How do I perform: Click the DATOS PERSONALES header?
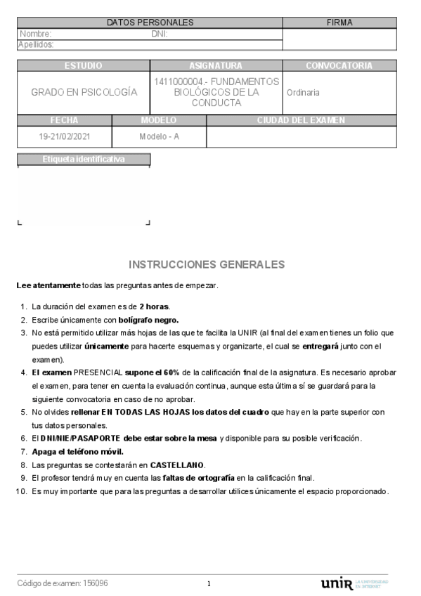(150, 22)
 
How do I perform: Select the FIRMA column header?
(339, 22)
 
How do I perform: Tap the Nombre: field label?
(35, 34)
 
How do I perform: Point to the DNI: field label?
(159, 34)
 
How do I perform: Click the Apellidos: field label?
(36, 44)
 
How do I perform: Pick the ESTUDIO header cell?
(83, 65)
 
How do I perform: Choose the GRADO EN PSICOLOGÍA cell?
(84, 92)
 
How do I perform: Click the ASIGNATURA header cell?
(216, 65)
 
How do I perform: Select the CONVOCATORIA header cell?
(339, 65)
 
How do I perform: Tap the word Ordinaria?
(303, 92)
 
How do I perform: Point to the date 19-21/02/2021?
(64, 136)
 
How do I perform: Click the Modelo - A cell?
(159, 136)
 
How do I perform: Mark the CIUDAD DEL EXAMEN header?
(301, 120)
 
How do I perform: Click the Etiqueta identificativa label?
(83, 159)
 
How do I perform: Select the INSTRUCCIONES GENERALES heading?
(207, 264)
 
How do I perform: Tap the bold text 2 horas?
(154, 306)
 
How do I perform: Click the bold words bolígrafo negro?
(148, 319)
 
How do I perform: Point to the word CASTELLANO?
(177, 465)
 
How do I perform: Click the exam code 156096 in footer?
(96, 583)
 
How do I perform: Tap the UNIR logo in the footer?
(336, 583)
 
